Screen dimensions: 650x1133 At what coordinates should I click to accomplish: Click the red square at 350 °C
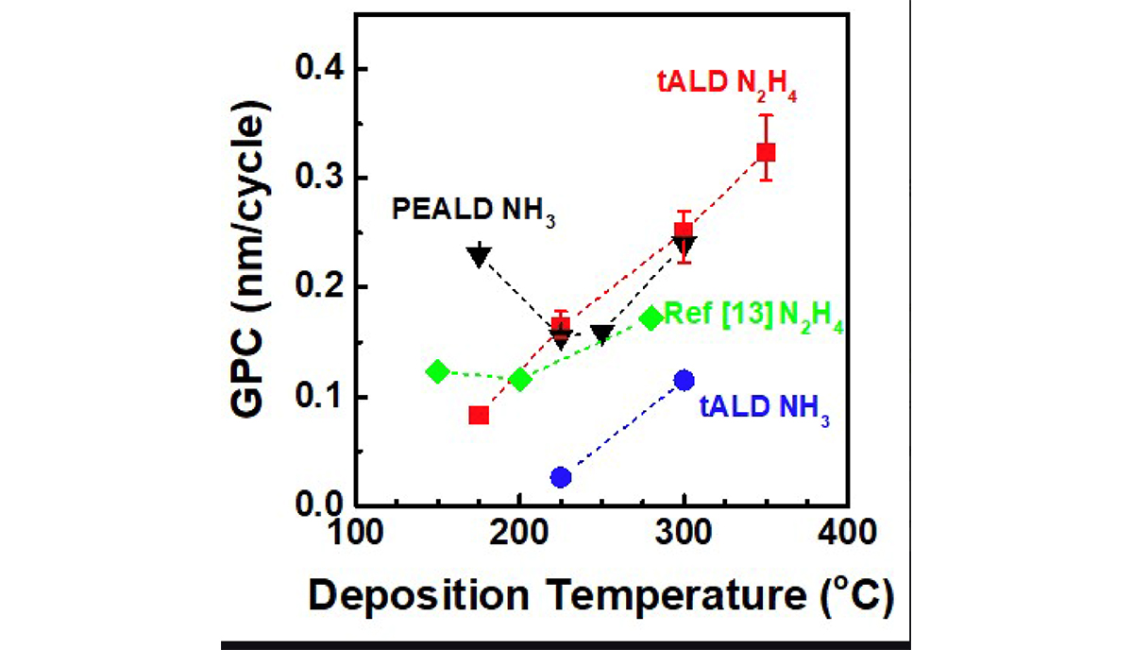pos(766,152)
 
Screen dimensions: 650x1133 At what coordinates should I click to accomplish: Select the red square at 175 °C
pos(479,415)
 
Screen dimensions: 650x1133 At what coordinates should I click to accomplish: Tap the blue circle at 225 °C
pos(561,477)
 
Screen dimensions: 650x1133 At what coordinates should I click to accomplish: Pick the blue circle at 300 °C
pos(685,380)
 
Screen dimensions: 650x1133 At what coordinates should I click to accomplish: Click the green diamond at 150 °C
pos(437,371)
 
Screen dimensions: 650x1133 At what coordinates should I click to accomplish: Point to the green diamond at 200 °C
pos(519,380)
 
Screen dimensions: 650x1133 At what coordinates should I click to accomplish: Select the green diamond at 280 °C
pos(651,318)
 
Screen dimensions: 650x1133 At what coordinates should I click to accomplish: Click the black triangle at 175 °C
pos(479,255)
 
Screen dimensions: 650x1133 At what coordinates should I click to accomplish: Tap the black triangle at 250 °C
pos(602,334)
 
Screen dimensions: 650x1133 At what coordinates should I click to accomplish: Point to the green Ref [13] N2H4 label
pos(753,316)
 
